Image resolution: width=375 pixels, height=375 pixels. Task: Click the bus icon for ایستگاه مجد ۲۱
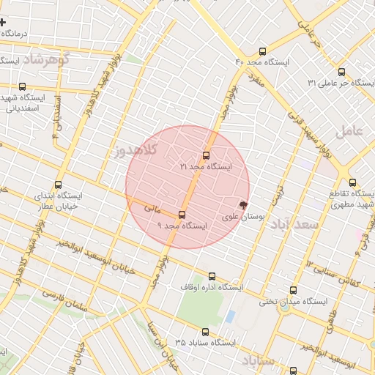point(206,155)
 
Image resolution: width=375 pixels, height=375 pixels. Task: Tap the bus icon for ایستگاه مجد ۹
point(182,215)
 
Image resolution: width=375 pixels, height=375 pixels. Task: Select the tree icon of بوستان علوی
point(244,205)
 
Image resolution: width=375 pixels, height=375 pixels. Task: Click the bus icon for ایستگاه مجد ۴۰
point(263,51)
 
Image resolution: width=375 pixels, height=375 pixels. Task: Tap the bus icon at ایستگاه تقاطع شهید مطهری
point(352,182)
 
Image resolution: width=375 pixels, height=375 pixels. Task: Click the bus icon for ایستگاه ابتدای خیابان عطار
point(59,185)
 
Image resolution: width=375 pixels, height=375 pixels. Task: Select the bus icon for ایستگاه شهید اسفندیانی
point(23,86)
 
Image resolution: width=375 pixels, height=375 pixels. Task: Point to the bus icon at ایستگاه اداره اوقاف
point(212,276)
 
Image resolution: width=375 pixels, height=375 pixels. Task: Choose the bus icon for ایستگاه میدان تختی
point(294,290)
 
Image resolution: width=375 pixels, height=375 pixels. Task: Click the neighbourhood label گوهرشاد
point(43,59)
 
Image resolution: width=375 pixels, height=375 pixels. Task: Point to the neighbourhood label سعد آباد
point(293,223)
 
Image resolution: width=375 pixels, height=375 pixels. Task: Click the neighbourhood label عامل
point(349,131)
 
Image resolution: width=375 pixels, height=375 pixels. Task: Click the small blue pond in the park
point(231,316)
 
